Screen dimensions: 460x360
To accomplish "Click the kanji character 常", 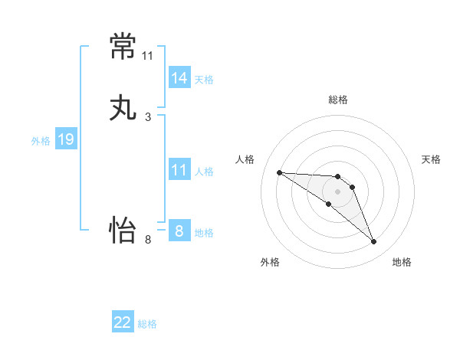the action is [x=123, y=46].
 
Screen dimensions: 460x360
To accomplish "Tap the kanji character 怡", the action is [x=123, y=230].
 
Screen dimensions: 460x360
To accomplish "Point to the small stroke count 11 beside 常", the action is [x=147, y=56].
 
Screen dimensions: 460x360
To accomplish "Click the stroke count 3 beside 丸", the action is [x=148, y=117].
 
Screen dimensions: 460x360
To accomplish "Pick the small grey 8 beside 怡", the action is [x=148, y=240].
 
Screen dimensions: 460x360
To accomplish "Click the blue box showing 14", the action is [x=180, y=77].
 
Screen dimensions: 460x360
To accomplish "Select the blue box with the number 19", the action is [x=66, y=138].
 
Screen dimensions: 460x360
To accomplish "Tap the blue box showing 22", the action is [x=123, y=321].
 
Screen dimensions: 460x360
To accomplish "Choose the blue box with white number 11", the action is [x=180, y=169].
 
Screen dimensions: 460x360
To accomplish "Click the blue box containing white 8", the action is [x=180, y=230].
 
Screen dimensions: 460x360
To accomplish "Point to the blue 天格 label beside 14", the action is [x=204, y=80].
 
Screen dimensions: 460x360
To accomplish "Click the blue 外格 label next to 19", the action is [x=41, y=141].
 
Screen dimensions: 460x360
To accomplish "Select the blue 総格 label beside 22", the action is [x=147, y=324].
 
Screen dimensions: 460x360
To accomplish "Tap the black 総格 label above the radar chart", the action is [x=338, y=100].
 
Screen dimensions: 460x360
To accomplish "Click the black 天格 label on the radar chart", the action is [x=431, y=159].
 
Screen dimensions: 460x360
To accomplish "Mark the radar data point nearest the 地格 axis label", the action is [x=373, y=241].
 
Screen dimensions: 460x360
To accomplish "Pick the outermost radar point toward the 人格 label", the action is [x=280, y=172].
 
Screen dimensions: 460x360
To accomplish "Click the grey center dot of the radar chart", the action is [x=337, y=191].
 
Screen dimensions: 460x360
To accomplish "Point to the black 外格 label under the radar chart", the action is [x=270, y=262].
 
